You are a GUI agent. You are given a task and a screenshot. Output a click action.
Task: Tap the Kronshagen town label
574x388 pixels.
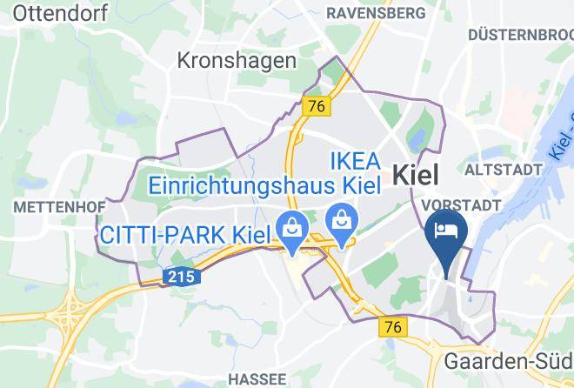click(x=237, y=60)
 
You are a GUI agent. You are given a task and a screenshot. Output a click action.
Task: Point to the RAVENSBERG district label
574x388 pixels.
click(x=376, y=13)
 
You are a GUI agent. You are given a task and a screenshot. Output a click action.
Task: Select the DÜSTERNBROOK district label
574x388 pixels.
click(x=520, y=35)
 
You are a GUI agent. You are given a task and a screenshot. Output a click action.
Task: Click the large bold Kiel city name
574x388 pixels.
click(x=417, y=174)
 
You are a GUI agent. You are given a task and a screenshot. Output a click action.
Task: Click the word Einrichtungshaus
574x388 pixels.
click(x=244, y=186)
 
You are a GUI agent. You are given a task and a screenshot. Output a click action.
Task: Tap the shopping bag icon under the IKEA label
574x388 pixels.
click(x=341, y=218)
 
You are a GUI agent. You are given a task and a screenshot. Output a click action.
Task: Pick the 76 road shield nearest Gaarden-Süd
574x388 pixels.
click(x=392, y=325)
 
